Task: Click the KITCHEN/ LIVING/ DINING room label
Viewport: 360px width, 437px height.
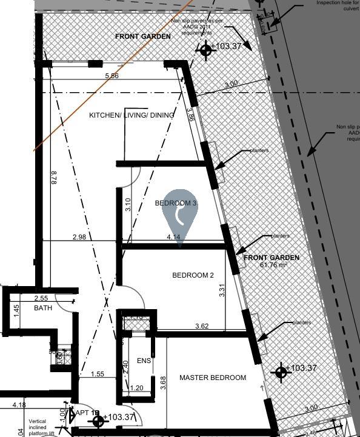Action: [x=132, y=115]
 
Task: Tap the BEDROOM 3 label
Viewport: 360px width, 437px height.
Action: [x=176, y=203]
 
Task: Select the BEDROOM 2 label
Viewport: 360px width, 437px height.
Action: [x=193, y=275]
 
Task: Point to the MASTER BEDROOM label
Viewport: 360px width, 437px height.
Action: [x=213, y=378]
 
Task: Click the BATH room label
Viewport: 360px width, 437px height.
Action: [x=43, y=309]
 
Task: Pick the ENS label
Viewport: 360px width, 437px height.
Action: [x=144, y=361]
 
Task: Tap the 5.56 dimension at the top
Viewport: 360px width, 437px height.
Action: [x=112, y=76]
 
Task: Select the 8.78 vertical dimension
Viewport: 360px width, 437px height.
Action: [x=54, y=178]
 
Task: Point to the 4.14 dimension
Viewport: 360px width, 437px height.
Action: [x=173, y=237]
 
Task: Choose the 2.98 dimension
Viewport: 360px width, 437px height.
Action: [x=79, y=237]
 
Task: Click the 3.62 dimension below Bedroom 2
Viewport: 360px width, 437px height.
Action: [x=202, y=327]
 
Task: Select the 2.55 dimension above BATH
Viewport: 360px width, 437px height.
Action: [x=41, y=298]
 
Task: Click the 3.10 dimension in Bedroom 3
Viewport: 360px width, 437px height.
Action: [x=128, y=204]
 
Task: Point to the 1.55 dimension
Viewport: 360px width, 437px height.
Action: [x=96, y=374]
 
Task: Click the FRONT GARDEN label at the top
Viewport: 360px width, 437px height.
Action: [x=143, y=36]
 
